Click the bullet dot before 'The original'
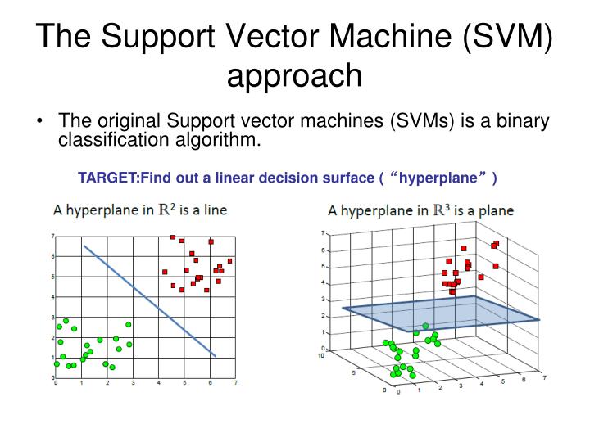point(39,123)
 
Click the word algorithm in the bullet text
point(216,140)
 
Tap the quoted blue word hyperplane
point(440,178)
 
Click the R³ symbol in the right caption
point(442,210)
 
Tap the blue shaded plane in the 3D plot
point(442,314)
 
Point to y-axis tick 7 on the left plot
point(52,237)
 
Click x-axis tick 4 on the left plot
point(159,382)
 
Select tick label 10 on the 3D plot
point(322,355)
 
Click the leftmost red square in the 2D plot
point(165,272)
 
